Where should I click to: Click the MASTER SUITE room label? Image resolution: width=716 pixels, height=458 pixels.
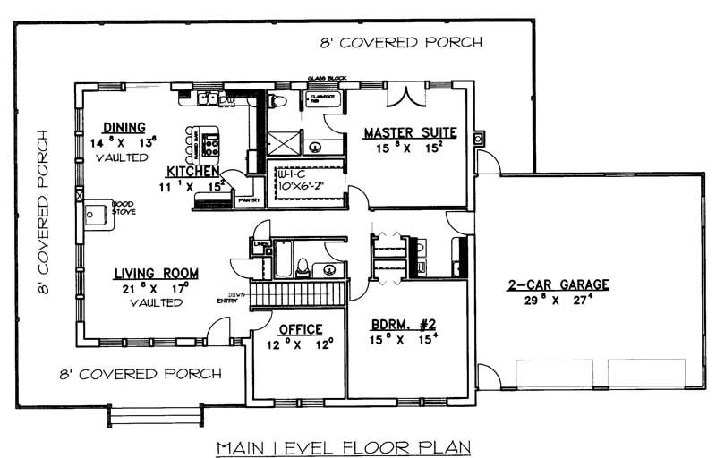point(409,133)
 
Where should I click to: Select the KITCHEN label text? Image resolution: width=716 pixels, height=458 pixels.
point(192,170)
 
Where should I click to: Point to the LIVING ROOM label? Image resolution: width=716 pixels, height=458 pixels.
point(156,273)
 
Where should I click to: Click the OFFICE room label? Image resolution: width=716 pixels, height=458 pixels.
point(300,328)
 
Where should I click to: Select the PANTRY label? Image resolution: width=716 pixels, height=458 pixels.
point(247,201)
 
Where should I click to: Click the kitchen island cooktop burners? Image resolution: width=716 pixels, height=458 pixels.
point(212,143)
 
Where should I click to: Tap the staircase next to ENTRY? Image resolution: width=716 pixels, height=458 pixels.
point(295,293)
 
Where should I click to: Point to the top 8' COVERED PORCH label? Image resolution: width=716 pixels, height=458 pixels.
point(401,42)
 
